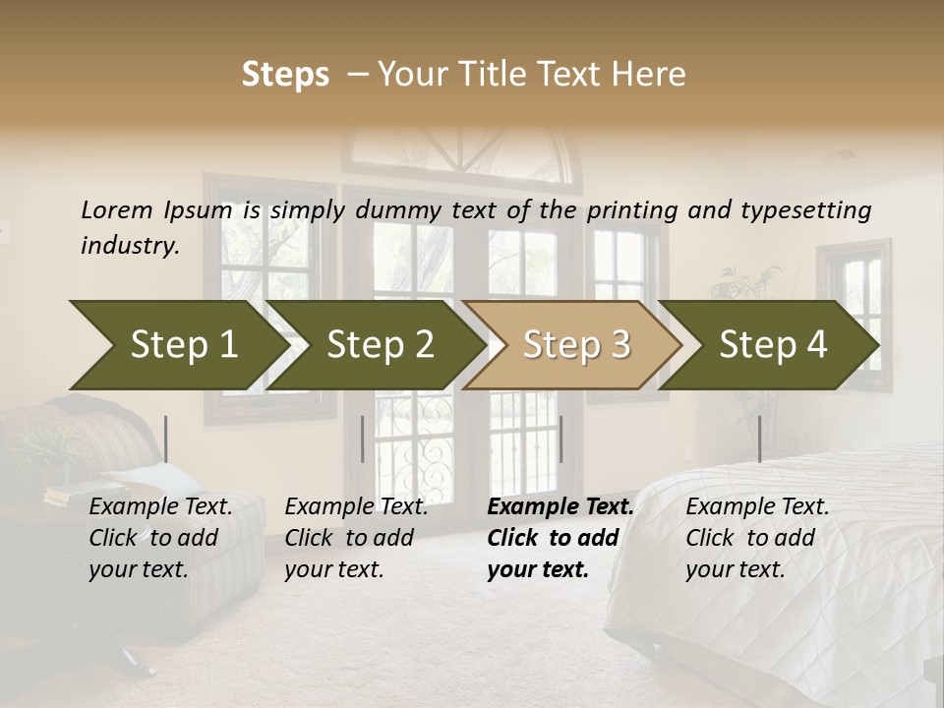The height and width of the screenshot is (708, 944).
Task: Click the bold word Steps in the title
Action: click(285, 75)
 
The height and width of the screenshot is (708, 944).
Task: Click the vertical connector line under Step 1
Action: click(166, 439)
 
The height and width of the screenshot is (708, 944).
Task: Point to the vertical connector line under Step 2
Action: click(363, 439)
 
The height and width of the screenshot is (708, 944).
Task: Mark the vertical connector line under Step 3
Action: click(560, 439)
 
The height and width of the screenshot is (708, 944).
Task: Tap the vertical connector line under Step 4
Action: click(759, 439)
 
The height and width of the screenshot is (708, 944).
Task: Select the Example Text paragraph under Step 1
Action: click(160, 538)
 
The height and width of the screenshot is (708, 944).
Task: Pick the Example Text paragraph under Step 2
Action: click(356, 538)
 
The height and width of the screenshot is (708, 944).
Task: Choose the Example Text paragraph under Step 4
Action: click(757, 538)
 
